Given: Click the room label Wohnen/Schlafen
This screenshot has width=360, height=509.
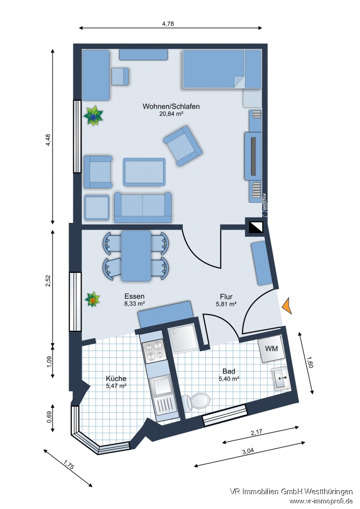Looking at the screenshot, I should [x=171, y=106].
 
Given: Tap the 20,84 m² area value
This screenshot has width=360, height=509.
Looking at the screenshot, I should [x=171, y=115].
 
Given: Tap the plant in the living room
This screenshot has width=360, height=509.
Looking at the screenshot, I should [x=94, y=116].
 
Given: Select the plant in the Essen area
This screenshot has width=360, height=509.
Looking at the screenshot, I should [x=93, y=299].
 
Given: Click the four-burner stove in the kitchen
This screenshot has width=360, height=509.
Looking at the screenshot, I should [x=154, y=350].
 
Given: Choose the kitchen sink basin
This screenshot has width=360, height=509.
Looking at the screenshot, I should [x=161, y=385].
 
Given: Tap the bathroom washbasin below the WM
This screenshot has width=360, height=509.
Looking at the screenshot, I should [x=281, y=378].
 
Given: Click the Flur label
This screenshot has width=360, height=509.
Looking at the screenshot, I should [x=226, y=296].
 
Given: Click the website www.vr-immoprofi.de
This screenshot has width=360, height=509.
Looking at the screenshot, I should [x=321, y=501].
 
